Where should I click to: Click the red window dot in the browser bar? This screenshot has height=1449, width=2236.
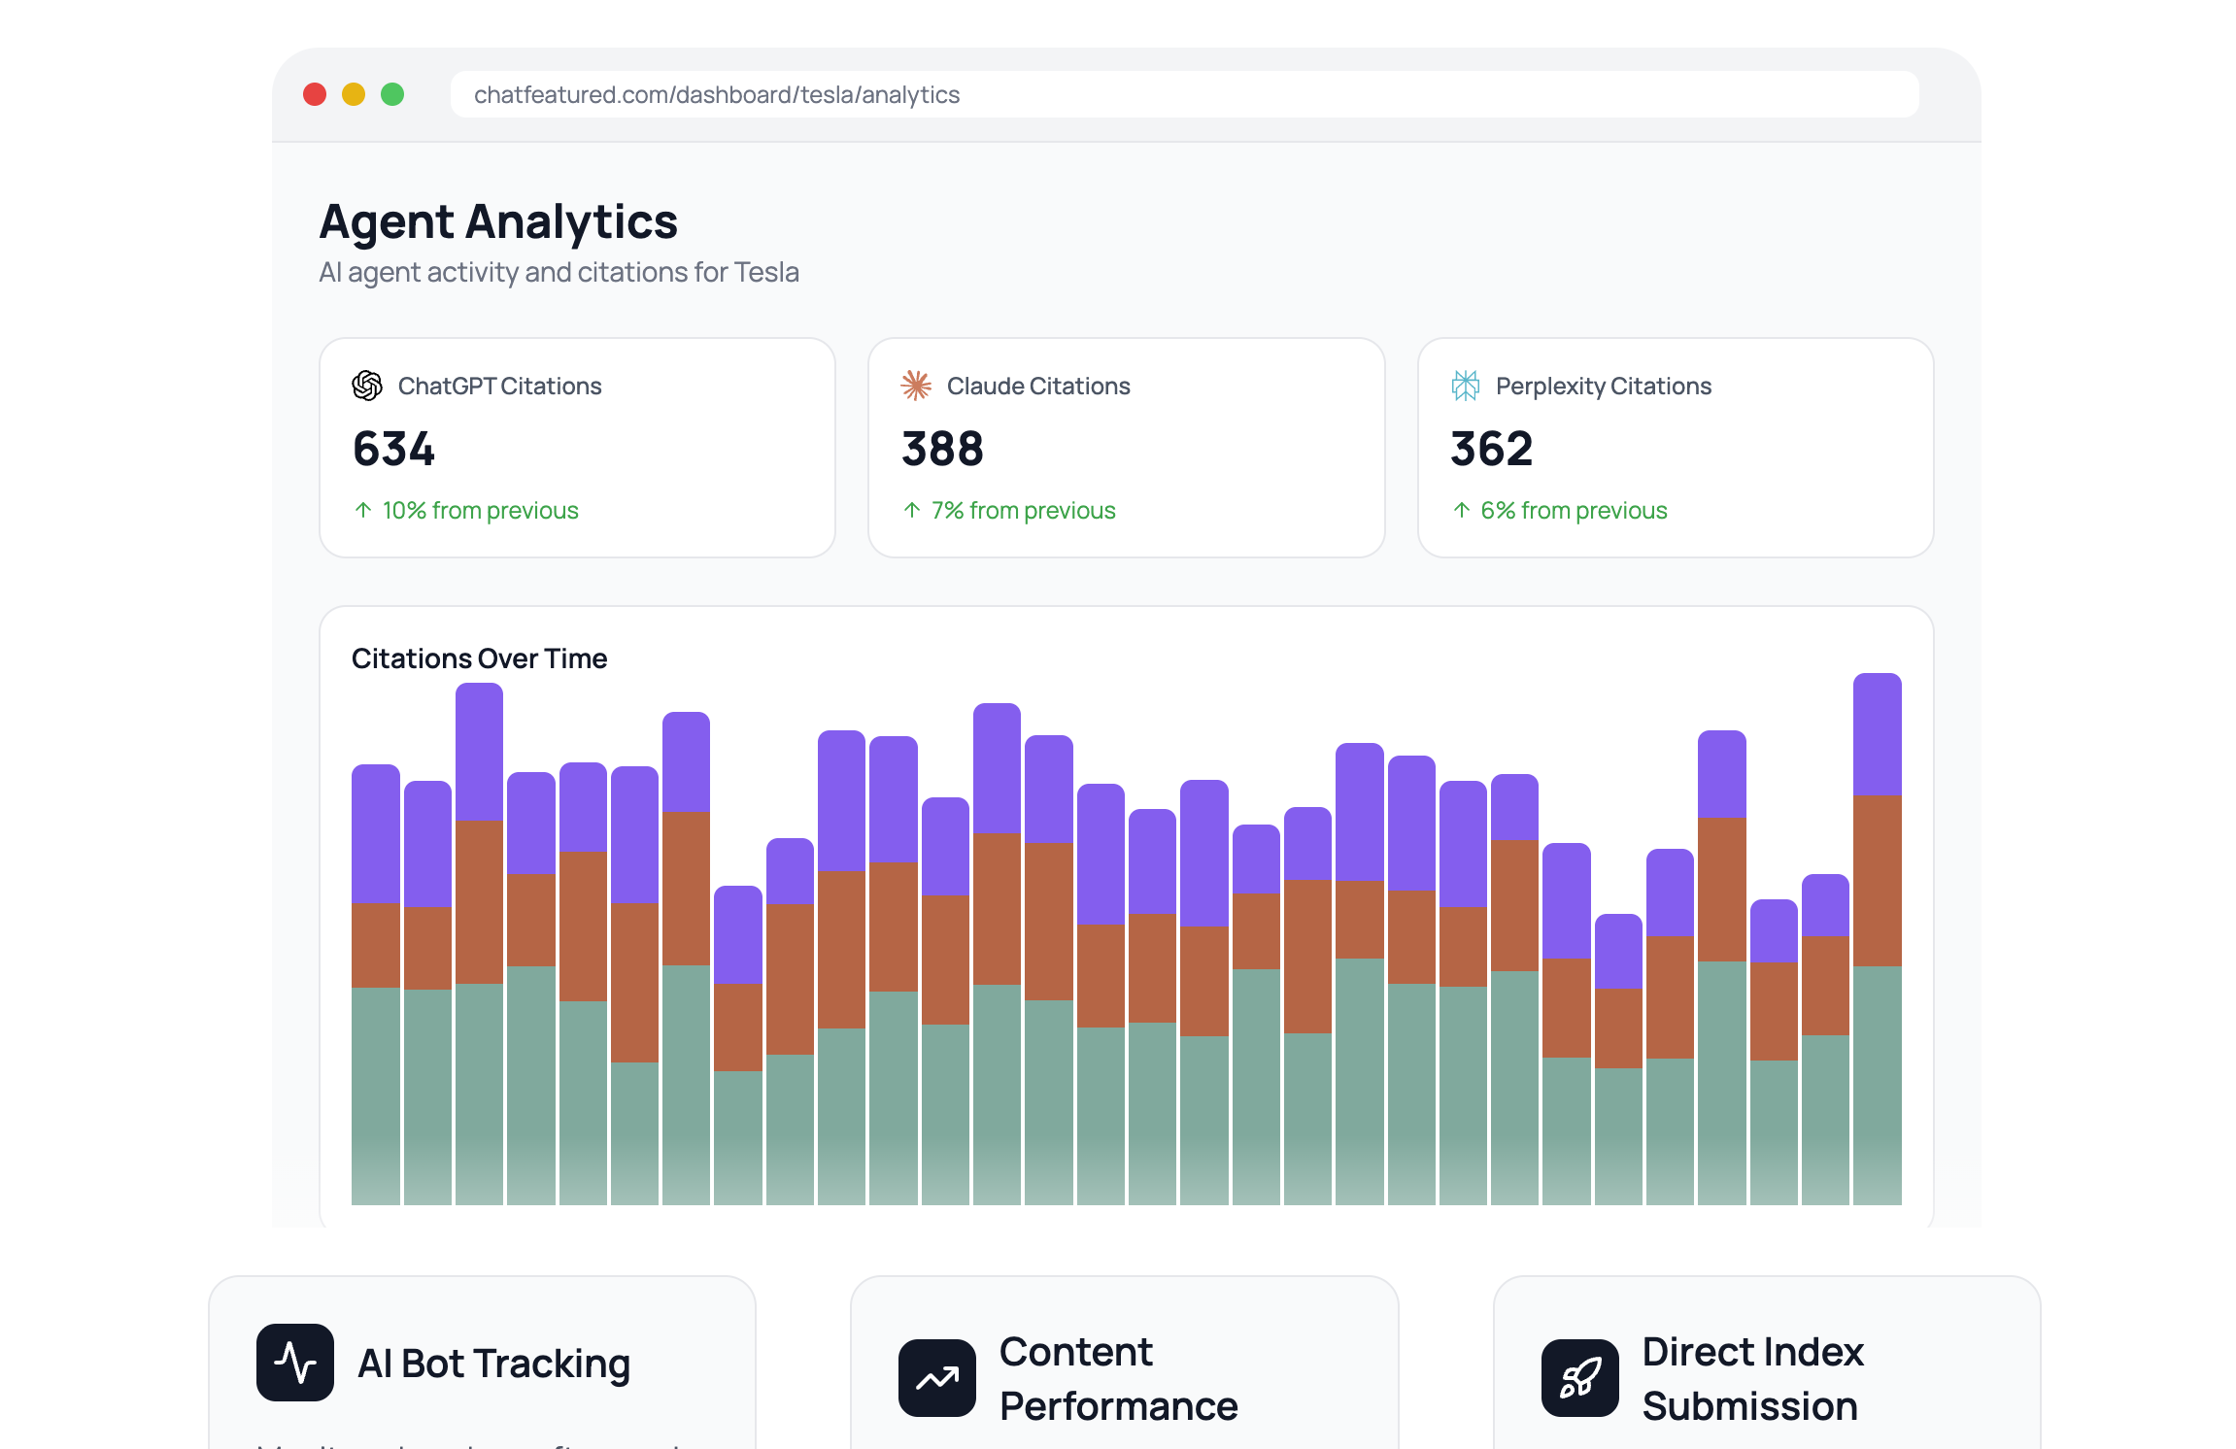coord(315,94)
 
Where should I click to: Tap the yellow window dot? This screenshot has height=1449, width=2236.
coord(354,94)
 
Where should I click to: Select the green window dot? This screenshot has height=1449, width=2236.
coord(392,94)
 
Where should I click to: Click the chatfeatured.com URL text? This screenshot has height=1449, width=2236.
coord(716,95)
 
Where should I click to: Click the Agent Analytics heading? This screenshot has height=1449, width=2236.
coord(498,221)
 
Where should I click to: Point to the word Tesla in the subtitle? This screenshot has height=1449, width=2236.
coord(766,273)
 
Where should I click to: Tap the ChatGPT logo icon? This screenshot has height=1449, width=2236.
coord(367,386)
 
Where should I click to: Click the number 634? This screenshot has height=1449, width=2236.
coord(393,449)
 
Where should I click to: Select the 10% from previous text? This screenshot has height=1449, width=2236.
coord(480,511)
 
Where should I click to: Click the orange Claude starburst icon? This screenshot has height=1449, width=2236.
coord(915,386)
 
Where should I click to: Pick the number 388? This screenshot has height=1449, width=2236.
coord(942,449)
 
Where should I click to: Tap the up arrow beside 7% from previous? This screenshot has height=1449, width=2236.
coord(912,511)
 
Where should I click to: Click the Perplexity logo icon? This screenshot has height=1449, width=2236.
coord(1465,386)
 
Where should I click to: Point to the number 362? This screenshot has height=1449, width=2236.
coord(1491,449)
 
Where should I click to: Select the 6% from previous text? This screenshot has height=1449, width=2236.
coord(1574,511)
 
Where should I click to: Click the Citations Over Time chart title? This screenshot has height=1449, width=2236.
coord(479,658)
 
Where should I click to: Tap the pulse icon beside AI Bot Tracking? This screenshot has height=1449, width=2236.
coord(295,1363)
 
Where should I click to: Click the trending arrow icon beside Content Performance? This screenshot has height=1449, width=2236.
coord(937,1378)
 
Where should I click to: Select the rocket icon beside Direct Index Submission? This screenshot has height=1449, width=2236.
coord(1580,1378)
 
